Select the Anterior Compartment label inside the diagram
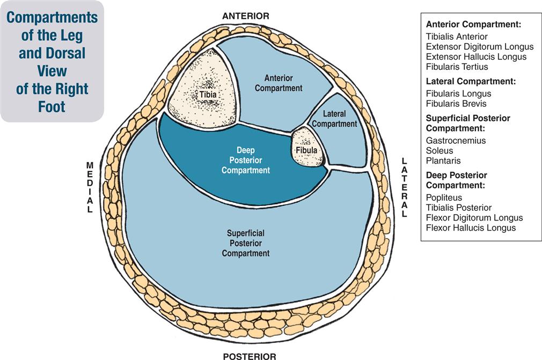pyautogui.click(x=279, y=83)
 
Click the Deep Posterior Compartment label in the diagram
pyautogui.click(x=245, y=160)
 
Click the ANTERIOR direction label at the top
pyautogui.click(x=246, y=16)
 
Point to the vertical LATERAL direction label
pyautogui.click(x=404, y=187)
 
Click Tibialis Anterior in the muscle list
pyautogui.click(x=457, y=36)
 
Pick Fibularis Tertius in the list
pyautogui.click(x=457, y=67)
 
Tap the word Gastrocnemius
pyautogui.click(x=456, y=140)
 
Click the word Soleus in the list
pyautogui.click(x=439, y=150)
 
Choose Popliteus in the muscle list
pyautogui.click(x=443, y=197)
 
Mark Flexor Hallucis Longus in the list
pyautogui.click(x=471, y=228)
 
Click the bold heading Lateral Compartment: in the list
pyautogui.click(x=471, y=82)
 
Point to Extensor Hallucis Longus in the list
pyautogui.click(x=476, y=57)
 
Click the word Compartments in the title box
pyautogui.click(x=52, y=18)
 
